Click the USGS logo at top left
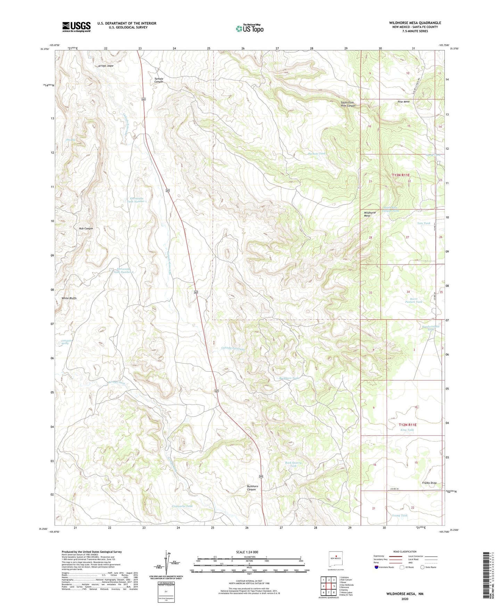coord(76,27)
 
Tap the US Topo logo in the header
coord(249,28)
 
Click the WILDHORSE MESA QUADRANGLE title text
coord(415,23)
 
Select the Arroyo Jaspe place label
coord(106,66)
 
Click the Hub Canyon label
coord(86,228)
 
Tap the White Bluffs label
coord(69,298)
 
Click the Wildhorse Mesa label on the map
coord(370,214)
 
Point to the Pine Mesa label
coord(404,102)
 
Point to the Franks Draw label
coord(429,483)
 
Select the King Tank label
coord(407,430)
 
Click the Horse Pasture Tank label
coord(413,300)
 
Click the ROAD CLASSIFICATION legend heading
coord(405,552)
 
